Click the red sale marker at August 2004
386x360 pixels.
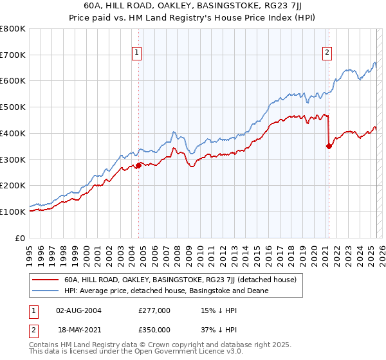click(138, 165)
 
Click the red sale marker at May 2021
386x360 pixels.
click(329, 146)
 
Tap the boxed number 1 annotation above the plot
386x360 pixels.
click(138, 53)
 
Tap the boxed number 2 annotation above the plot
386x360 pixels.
click(327, 53)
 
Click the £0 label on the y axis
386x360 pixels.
click(21, 238)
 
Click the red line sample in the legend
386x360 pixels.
click(44, 280)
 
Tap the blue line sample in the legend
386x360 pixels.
click(44, 291)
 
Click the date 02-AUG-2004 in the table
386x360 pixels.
click(78, 310)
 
